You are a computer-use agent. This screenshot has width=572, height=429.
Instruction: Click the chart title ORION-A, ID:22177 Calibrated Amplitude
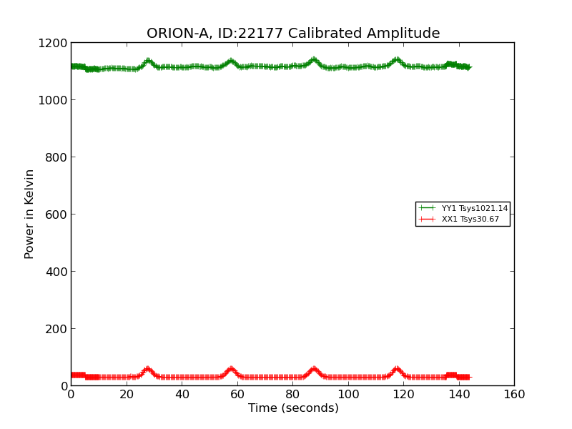tap(293, 34)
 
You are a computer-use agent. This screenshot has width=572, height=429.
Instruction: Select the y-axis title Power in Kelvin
tap(29, 214)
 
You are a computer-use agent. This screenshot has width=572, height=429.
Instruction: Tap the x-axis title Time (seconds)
tap(293, 408)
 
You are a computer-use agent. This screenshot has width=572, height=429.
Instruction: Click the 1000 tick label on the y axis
tap(53, 100)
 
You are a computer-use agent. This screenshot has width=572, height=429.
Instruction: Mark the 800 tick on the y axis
tap(56, 157)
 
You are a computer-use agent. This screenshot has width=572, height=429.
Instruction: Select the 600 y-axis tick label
tap(56, 214)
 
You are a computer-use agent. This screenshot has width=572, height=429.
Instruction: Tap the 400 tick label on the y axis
tap(56, 272)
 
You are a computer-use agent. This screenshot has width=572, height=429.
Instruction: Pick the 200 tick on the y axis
tap(56, 329)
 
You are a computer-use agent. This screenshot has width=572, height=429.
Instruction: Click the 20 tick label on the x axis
tap(126, 395)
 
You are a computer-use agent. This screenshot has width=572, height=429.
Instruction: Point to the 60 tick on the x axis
tap(237, 395)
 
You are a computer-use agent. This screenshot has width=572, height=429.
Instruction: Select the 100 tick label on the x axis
tap(347, 395)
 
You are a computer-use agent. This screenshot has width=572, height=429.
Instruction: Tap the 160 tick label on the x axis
tap(514, 395)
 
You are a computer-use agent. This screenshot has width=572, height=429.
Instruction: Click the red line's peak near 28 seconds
tap(147, 369)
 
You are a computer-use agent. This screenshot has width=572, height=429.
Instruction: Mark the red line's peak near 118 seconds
tap(397, 369)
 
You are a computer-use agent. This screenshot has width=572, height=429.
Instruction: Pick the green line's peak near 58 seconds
tap(231, 61)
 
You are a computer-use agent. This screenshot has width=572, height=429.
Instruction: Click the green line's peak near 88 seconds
tap(314, 60)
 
